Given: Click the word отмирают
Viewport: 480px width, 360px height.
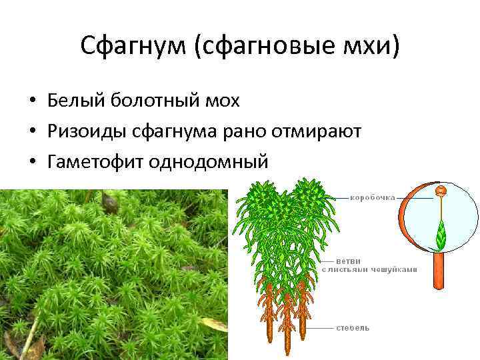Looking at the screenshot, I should (317, 131).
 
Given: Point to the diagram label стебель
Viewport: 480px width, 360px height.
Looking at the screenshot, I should (353, 328).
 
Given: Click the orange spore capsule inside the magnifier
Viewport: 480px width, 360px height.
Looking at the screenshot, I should (440, 191).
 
